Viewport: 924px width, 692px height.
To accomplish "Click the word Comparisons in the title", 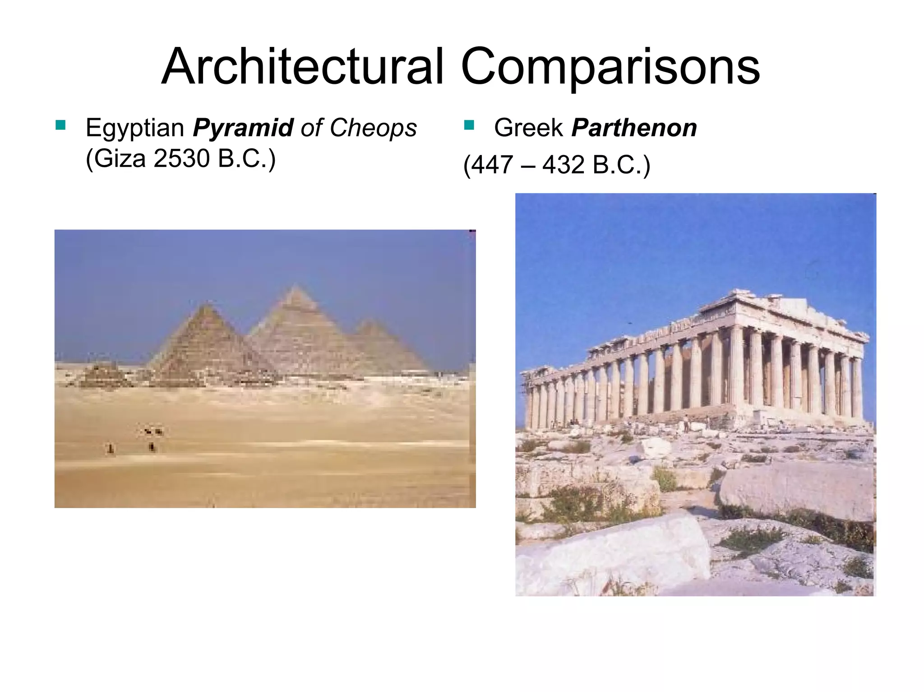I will tap(610, 68).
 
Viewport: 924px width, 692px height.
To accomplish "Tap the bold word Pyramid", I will tap(243, 128).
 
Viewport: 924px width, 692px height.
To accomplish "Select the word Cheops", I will tap(373, 128).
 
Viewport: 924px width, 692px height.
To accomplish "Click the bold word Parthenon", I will tap(634, 128).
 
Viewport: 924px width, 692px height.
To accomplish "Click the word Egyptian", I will tap(135, 128).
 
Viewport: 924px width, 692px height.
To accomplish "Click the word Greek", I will tap(528, 128).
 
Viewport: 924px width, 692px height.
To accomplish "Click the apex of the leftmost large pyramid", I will tap(207, 305).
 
